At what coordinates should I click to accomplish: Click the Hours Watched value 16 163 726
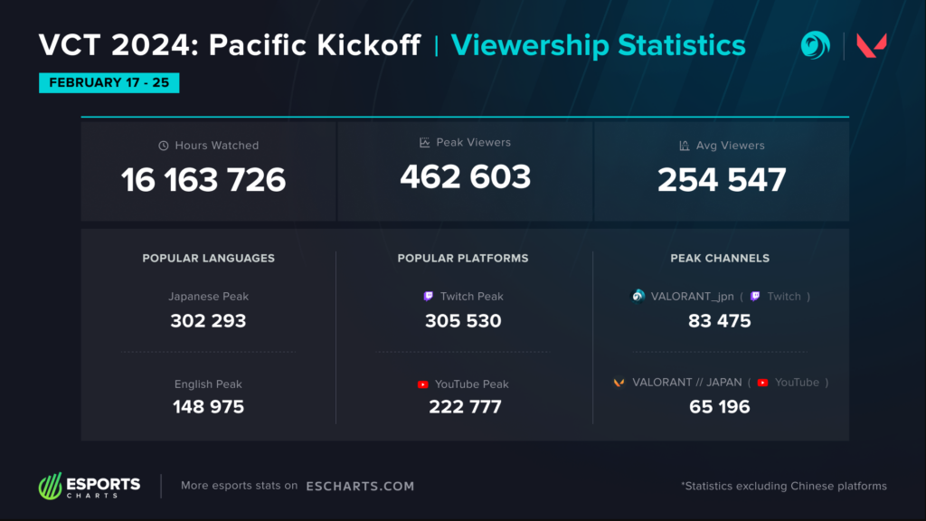point(203,180)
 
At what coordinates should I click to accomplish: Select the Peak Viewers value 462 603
point(465,176)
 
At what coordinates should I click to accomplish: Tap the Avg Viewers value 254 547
point(722,180)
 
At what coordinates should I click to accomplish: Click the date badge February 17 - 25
point(109,83)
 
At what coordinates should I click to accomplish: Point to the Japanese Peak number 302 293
point(208,321)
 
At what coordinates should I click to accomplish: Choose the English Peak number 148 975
point(208,407)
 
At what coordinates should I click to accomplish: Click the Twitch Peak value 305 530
point(463,321)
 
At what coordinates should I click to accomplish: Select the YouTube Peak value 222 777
point(465,407)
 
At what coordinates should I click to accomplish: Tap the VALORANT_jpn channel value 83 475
point(720,321)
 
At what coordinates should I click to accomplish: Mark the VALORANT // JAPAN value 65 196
point(720,407)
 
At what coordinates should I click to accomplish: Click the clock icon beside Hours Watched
point(164,146)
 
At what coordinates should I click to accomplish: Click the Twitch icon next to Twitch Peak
point(429,297)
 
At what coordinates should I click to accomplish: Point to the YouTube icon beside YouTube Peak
point(423,384)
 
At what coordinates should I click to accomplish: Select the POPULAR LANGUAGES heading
point(208,259)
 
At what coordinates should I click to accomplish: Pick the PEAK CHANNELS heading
point(720,259)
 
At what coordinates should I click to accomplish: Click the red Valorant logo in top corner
point(872,46)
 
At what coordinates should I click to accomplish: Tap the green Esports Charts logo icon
point(49,487)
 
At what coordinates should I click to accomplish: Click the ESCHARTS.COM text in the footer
point(360,487)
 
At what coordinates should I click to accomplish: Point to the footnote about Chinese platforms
point(783,487)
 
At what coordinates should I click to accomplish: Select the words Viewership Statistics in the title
point(598,45)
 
